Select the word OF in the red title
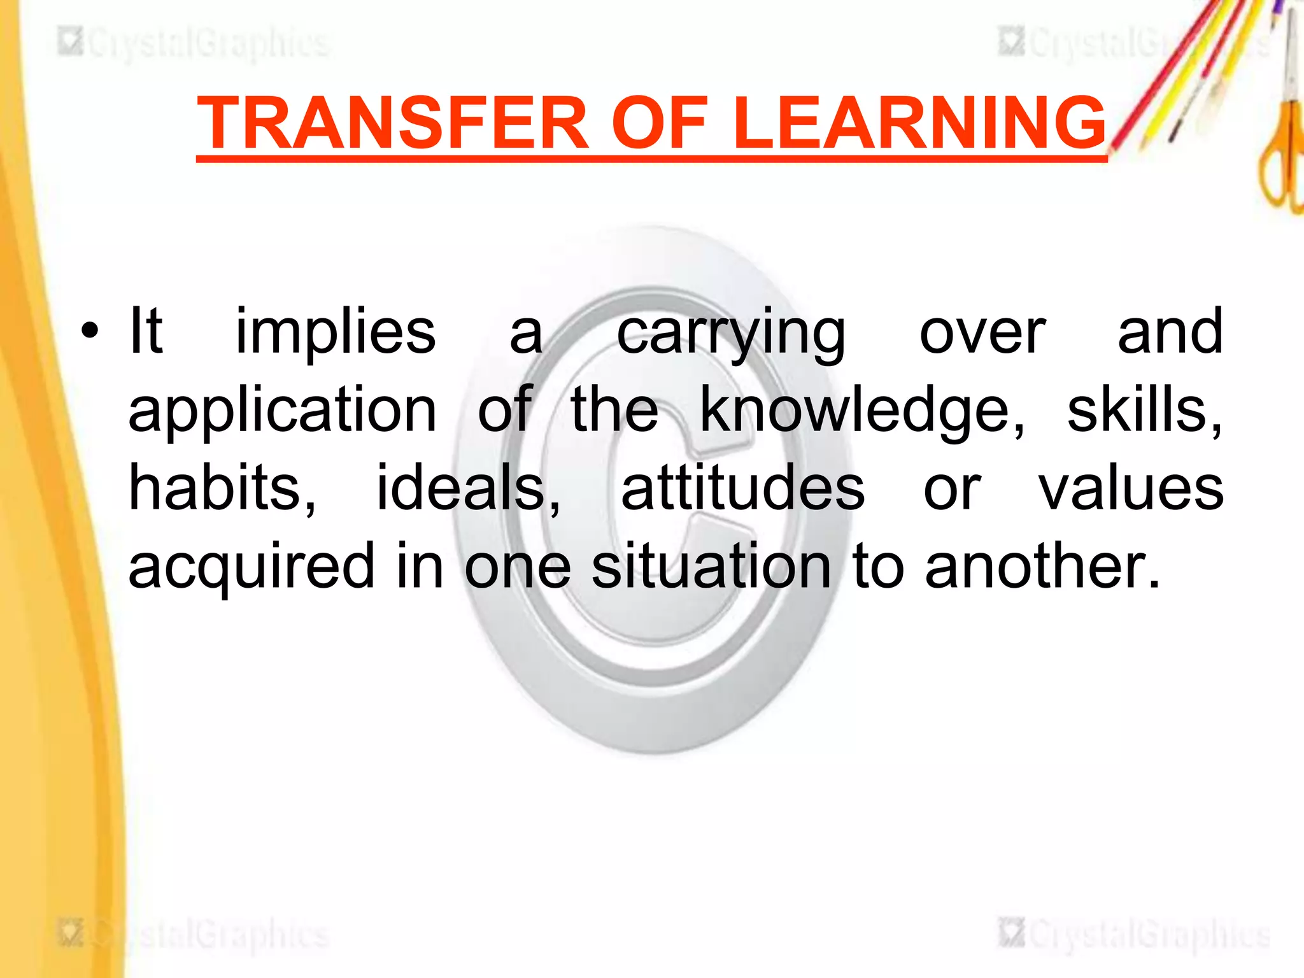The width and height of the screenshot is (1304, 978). click(660, 122)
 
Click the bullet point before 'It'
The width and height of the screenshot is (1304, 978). click(90, 332)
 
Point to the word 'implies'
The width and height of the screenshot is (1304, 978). click(336, 332)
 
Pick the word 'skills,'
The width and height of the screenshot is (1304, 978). click(1144, 410)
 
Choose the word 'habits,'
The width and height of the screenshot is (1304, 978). click(222, 489)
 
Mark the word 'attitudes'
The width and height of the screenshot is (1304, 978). click(742, 488)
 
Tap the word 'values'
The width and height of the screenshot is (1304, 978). click(1131, 489)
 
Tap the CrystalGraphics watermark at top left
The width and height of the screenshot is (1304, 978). click(194, 43)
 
